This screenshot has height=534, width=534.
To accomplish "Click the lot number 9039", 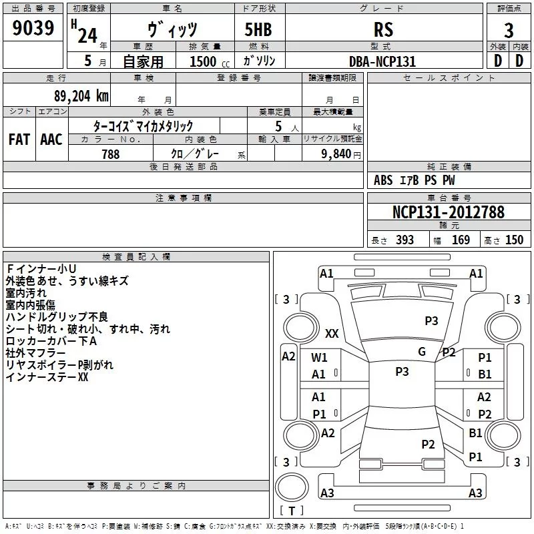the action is [34, 30].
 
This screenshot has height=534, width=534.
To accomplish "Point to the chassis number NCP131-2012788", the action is [448, 212].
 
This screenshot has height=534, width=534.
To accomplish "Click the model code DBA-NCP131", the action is [383, 61].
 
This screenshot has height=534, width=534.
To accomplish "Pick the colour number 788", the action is [111, 154].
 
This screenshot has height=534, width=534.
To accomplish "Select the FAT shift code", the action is [19, 140].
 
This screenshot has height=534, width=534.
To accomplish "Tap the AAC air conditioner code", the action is [51, 140].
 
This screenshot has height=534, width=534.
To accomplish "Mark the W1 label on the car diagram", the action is [319, 357].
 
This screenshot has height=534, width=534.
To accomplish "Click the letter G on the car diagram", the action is [422, 352].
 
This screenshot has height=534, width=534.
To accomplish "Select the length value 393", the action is [404, 240].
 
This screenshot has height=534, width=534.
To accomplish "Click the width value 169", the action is [461, 240].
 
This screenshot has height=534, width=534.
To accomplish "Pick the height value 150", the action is [514, 240].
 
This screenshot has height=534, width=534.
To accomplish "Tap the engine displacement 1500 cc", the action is [203, 61].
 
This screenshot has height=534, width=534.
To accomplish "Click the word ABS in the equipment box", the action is [383, 180].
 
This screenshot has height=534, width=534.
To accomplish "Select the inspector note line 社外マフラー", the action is [35, 353].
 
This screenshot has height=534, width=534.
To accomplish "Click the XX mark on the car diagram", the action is [332, 333].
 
